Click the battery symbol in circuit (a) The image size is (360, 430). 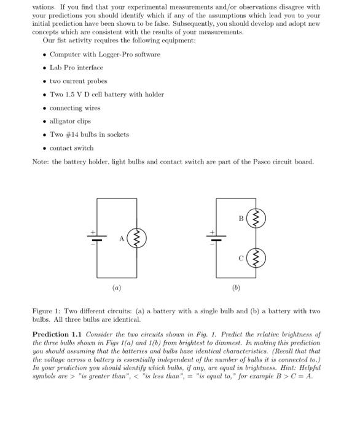coord(94,238)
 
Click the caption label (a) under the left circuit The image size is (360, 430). coord(117,287)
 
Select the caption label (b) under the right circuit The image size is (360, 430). coord(236,287)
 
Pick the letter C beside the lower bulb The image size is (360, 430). coord(241,257)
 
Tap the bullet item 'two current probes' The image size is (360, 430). coord(78,81)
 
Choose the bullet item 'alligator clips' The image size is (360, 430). coord(70,121)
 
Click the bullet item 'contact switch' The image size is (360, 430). coord(71,148)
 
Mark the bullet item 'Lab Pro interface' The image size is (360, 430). coord(76,68)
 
